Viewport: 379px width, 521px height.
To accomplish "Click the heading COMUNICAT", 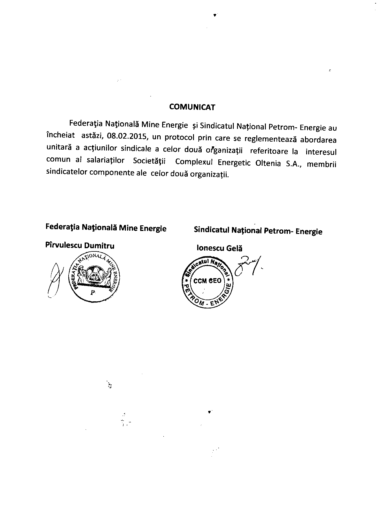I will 192,107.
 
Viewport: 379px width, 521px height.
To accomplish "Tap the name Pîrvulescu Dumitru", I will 80,245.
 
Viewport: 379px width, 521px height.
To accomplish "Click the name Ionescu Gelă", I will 219,248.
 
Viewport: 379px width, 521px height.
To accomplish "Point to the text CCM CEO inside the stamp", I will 207,281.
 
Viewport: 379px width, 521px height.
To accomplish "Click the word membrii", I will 321,164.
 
